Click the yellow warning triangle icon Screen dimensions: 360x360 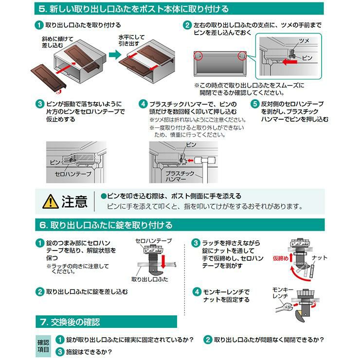51,201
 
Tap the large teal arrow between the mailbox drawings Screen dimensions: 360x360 115,55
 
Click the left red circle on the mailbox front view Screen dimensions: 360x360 198,56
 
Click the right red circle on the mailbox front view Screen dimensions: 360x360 242,56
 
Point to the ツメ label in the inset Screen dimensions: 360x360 304,41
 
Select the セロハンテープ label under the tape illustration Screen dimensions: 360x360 73,174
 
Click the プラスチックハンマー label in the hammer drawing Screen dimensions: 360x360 180,176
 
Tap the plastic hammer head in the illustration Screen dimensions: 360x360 202,160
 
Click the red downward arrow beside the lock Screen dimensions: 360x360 163,261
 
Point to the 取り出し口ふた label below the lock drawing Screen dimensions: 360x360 150,279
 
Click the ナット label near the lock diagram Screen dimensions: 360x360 319,258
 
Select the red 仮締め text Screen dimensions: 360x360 280,258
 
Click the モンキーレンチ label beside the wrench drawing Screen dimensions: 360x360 283,293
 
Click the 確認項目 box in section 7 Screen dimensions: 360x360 43,346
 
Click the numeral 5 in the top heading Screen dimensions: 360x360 42,9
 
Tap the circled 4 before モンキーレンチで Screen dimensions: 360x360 197,292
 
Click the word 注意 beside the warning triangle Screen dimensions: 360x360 74,201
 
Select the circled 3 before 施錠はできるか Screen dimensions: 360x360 60,352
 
